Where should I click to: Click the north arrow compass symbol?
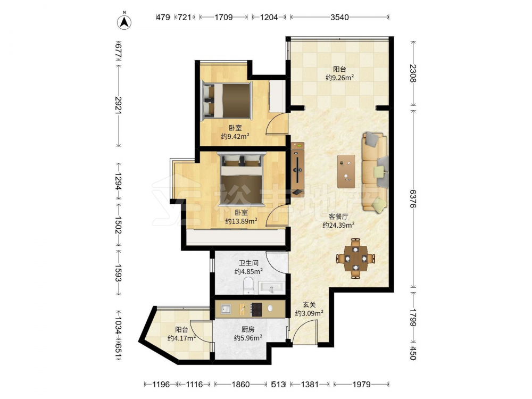point(124,22)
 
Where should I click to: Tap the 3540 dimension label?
point(339,17)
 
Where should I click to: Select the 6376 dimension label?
point(413,198)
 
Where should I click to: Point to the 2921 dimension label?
point(119,105)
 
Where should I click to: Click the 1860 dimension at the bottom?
point(240,385)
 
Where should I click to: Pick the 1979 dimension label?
point(361,385)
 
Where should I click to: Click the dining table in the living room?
point(355,259)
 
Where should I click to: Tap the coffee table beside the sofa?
point(346,171)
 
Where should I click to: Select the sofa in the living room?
point(375,172)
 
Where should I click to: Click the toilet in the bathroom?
point(248,286)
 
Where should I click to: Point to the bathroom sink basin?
point(271,288)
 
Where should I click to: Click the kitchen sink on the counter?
point(226,309)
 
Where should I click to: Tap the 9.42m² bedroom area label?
point(236,136)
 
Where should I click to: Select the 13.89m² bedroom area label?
point(241,221)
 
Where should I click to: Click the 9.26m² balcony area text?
point(339,77)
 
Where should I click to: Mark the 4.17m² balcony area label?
point(181,338)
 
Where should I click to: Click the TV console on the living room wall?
point(297,169)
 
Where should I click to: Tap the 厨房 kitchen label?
point(248,329)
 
